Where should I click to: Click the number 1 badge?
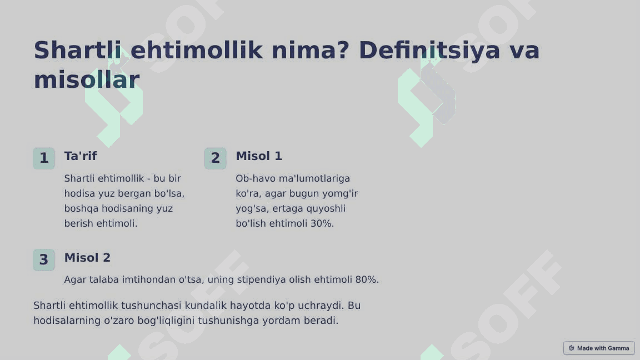click(x=44, y=158)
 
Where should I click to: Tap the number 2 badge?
click(x=216, y=158)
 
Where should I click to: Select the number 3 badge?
click(x=44, y=260)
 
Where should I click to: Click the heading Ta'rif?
click(x=81, y=156)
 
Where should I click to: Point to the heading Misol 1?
click(x=259, y=156)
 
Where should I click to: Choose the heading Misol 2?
click(x=87, y=258)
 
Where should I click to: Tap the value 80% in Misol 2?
click(x=367, y=279)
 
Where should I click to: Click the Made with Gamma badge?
click(x=599, y=348)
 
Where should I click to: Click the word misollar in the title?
click(x=86, y=80)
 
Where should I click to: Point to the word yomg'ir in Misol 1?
click(x=340, y=194)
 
